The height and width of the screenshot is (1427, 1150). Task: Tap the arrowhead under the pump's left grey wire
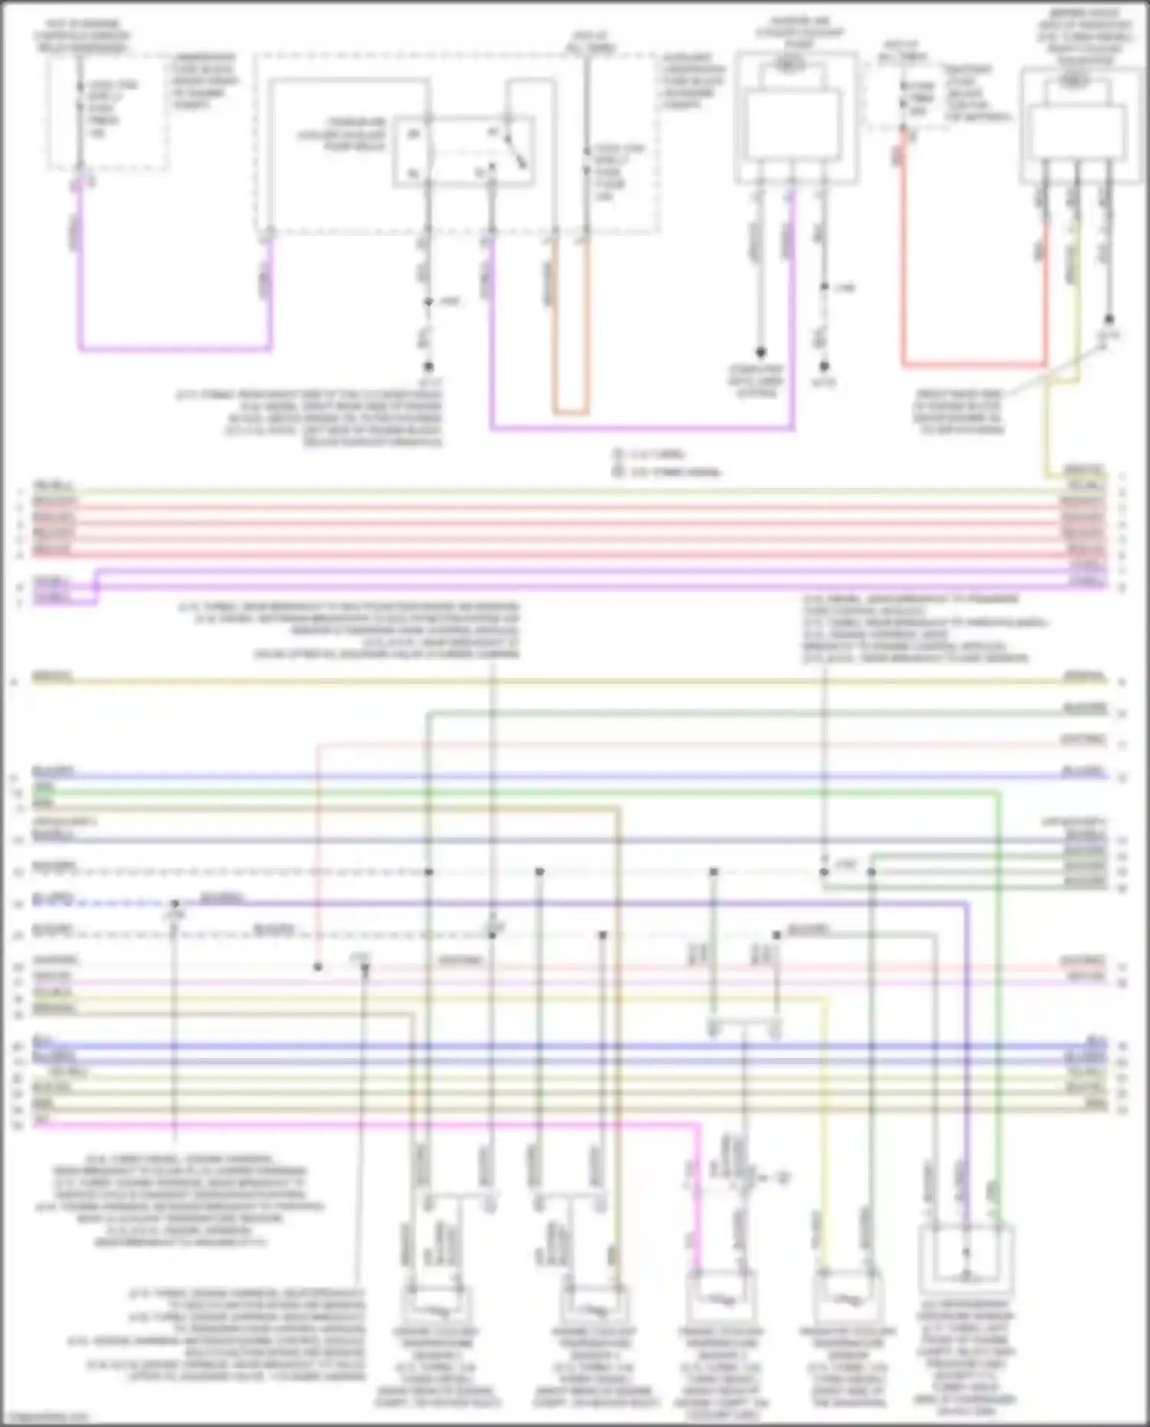click(x=760, y=353)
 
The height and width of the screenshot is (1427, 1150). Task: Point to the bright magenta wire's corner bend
click(x=698, y=1126)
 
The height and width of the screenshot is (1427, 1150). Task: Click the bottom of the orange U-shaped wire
click(x=570, y=412)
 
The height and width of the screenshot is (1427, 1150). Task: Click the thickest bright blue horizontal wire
click(x=567, y=1046)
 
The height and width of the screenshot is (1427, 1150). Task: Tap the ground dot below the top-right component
click(x=1109, y=319)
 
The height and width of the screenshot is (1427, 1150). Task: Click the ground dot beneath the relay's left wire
click(x=429, y=367)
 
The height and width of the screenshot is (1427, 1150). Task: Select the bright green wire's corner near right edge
click(x=998, y=794)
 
